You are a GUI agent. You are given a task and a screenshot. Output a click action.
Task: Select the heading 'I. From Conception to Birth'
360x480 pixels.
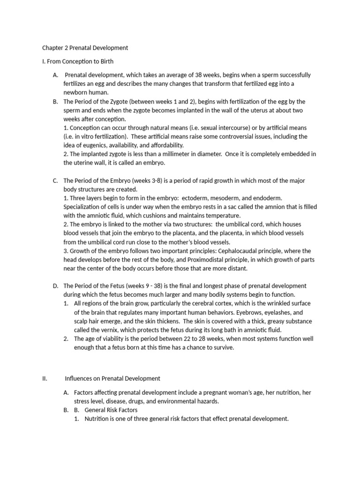(78, 61)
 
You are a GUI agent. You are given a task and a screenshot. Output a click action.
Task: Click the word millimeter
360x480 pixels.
(166, 154)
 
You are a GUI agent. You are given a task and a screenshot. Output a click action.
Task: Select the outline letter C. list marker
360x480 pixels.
(55, 180)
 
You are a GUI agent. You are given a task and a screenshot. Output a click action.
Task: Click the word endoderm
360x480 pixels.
(268, 198)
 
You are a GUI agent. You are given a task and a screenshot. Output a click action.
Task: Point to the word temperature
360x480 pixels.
(219, 216)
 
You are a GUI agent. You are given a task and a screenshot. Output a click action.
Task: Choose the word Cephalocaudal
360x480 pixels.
(251, 251)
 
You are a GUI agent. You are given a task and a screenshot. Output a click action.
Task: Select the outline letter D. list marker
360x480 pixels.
(56, 286)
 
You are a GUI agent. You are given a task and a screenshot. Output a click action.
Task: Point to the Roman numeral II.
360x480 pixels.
(45, 378)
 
